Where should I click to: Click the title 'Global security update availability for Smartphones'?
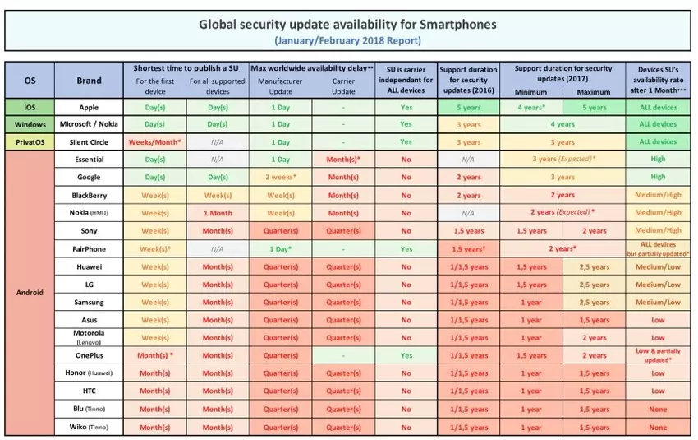click(x=348, y=24)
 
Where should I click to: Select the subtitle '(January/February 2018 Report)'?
click(x=348, y=39)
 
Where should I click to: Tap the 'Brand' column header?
click(x=89, y=81)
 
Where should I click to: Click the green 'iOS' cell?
click(x=30, y=107)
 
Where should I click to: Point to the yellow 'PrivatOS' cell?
click(x=30, y=141)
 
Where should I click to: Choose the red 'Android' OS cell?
click(x=30, y=292)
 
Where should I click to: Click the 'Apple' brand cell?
click(x=89, y=107)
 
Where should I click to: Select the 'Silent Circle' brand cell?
click(x=89, y=141)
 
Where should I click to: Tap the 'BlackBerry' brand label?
click(x=89, y=195)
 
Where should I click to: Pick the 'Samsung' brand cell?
click(x=89, y=302)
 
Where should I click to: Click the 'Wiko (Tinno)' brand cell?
click(x=89, y=427)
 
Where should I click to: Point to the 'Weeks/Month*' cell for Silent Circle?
click(x=155, y=141)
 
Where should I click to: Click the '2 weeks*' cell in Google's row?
click(x=281, y=177)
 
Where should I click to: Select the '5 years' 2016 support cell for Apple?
click(x=468, y=107)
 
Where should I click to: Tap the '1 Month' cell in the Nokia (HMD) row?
click(x=218, y=213)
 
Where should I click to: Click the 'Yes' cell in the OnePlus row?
click(x=406, y=356)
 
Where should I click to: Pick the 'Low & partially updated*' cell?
click(x=658, y=356)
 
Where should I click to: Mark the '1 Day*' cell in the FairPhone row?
click(x=281, y=248)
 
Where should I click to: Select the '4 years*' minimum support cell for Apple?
click(x=532, y=107)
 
